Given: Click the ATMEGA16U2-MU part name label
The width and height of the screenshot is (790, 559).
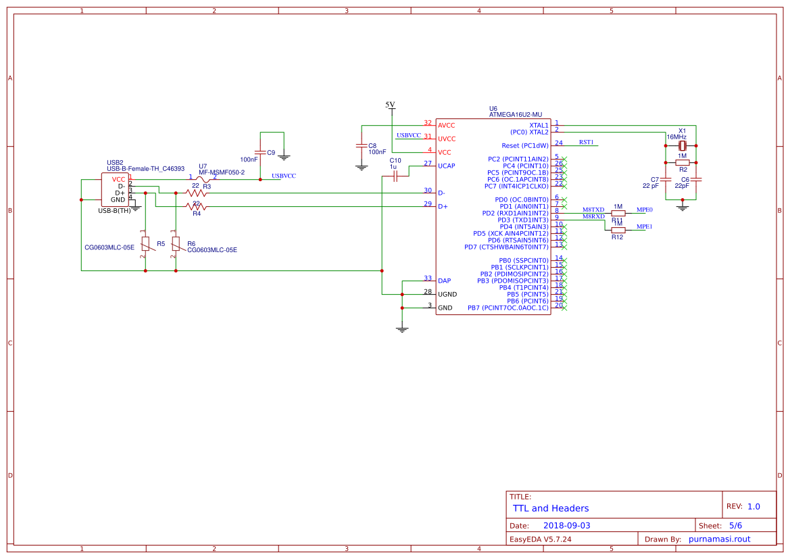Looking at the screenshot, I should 515,115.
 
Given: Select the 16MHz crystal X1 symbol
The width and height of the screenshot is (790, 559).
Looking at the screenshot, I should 683,145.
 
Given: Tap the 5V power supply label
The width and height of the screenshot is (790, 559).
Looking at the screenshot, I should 390,105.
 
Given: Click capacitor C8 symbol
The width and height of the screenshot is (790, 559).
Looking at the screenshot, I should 362,145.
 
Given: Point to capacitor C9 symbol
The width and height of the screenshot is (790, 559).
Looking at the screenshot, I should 260,152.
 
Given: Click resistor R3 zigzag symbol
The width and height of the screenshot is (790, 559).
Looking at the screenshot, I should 196,193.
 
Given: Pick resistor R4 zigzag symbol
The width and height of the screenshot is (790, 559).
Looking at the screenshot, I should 196,206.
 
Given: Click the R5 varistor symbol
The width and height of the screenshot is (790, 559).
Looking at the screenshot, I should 145,243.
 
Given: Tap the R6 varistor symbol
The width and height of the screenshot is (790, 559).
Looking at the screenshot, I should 176,243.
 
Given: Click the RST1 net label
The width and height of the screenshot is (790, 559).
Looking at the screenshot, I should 586,143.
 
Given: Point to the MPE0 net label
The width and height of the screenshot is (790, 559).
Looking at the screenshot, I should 644,210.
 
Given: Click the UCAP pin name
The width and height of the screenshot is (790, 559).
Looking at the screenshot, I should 447,166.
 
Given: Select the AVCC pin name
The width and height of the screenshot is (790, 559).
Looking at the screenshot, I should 447,125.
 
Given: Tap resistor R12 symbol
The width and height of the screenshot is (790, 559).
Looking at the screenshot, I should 618,230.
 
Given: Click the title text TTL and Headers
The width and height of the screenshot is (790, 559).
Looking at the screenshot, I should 551,508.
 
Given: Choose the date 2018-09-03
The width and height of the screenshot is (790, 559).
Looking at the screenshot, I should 567,525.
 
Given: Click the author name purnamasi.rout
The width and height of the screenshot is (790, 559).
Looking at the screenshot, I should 719,539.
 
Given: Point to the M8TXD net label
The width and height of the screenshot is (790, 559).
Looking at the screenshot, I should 593,210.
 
